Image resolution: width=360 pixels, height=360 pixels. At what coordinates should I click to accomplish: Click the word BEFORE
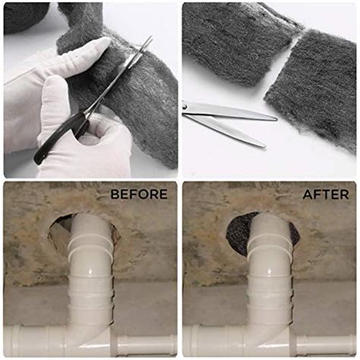click(139, 194)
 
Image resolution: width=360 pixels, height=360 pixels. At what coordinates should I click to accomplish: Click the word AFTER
click(326, 194)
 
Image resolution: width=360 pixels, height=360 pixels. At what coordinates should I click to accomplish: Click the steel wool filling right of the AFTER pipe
click(294, 234)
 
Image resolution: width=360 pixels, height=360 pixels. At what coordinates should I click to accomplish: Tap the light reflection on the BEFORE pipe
click(91, 271)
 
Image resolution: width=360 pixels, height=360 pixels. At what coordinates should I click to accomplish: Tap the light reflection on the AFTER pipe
click(270, 271)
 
